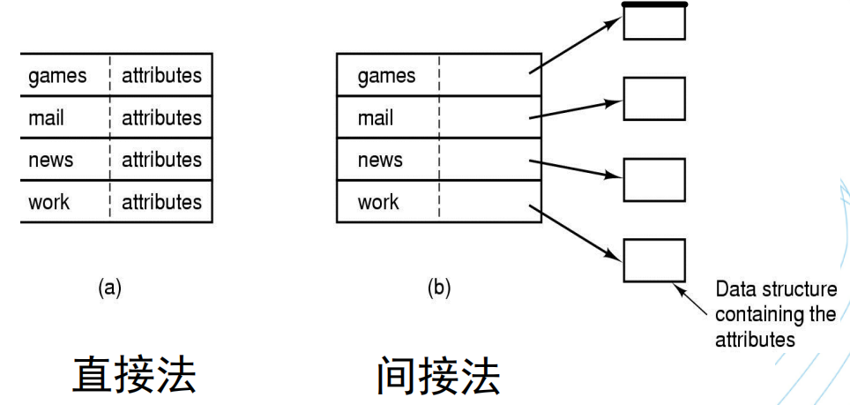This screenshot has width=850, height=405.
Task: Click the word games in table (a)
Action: [x=58, y=76]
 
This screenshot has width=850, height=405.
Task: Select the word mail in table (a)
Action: [x=46, y=118]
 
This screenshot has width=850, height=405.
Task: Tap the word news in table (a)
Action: [x=51, y=160]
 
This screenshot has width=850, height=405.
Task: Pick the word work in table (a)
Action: [x=49, y=202]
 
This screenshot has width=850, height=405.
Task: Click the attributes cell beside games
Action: [x=161, y=76]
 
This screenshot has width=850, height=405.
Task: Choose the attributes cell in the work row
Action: [x=161, y=202]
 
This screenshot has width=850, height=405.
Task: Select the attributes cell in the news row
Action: [x=161, y=160]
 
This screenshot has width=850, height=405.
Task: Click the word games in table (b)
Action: [x=386, y=76]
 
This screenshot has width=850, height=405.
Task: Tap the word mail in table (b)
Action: [x=375, y=118]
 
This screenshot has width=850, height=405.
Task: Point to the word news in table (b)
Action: [x=380, y=160]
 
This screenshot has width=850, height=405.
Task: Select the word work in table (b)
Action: [x=378, y=202]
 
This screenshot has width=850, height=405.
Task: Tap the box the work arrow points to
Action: [x=653, y=260]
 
